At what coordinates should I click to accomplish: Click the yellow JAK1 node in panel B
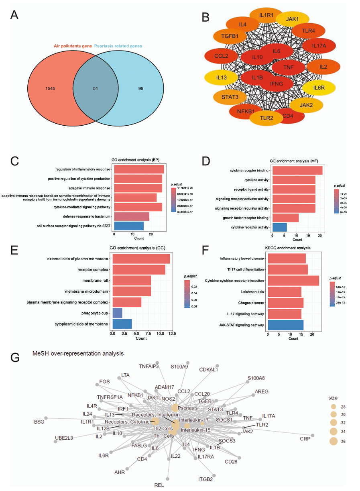pos(292,19)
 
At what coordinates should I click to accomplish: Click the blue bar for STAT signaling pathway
pos(129,226)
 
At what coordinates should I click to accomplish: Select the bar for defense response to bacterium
pos(132,217)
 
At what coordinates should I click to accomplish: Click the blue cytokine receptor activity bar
pos(279,227)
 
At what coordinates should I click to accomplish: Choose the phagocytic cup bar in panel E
pos(117,313)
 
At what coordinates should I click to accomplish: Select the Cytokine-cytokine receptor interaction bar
pos(293,281)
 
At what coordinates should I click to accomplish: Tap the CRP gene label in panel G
pos(305,439)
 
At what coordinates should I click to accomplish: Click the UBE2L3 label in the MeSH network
pos(64,438)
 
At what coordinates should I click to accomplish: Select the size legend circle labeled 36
pos(333,441)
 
